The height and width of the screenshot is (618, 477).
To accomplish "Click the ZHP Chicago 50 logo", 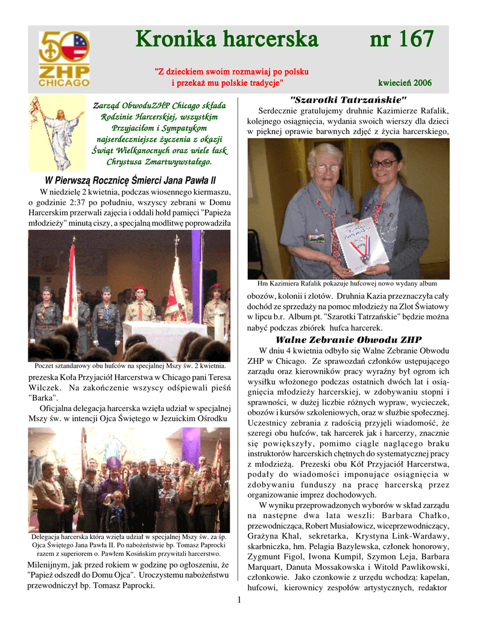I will tap(63, 59).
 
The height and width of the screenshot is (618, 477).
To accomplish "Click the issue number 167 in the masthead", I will tap(401, 40).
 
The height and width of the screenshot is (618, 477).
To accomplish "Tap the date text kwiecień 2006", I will tap(405, 83).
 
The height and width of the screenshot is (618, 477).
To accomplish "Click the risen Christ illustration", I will tap(58, 132).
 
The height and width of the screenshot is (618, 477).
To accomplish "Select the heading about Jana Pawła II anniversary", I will tap(130, 180).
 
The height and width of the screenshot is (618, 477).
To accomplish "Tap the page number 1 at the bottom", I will tap(239, 599).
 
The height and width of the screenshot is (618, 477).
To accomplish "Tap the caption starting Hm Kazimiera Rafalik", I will tap(347, 284).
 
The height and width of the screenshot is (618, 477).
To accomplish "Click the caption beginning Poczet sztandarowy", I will tap(130, 366).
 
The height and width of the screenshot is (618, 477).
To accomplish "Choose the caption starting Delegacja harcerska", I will tap(130, 545).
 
